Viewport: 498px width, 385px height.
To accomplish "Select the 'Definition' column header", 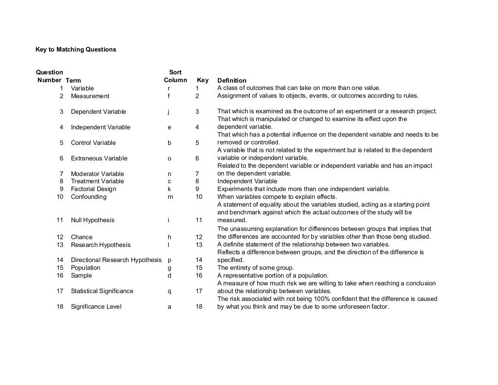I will [231, 81].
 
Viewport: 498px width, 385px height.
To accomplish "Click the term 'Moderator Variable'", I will [97, 174].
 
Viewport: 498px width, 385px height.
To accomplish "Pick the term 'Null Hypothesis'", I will [92, 220].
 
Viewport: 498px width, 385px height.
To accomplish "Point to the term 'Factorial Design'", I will [93, 189].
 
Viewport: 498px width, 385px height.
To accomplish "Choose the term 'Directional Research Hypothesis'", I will [116, 260].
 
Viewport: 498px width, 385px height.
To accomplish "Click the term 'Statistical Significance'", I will [102, 291].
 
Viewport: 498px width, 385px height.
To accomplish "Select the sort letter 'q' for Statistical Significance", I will [169, 291].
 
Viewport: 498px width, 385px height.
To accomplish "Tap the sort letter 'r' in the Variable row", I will [169, 88].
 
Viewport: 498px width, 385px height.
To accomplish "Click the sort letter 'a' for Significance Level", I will [169, 307].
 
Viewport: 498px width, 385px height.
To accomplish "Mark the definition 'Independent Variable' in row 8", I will [247, 181].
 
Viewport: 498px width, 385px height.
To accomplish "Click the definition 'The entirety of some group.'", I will [255, 268].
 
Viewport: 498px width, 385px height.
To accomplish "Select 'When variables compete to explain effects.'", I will [277, 197].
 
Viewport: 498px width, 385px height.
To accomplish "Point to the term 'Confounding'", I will [88, 197].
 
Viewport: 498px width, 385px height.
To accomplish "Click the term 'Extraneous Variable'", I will [99, 158].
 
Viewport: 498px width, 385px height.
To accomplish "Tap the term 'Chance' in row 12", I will [81, 237].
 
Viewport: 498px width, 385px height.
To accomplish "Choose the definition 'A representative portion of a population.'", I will [272, 276].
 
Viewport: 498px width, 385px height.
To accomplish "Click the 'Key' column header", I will [202, 80].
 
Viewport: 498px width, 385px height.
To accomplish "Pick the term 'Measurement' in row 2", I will [90, 96].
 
